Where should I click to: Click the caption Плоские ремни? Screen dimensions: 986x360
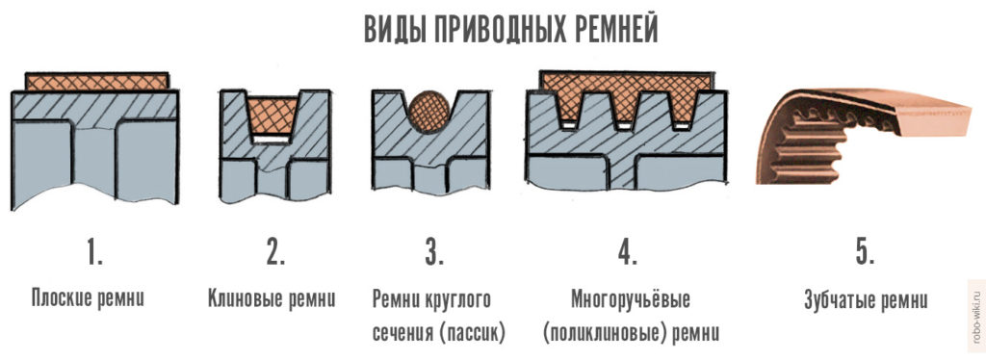88,297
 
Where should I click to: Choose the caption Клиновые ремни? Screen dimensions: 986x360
271,297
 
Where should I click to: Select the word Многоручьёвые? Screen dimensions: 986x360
631,298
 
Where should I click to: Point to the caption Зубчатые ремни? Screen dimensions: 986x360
866,298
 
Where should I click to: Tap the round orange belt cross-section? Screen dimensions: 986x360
429,112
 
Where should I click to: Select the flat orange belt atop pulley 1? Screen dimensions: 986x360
97,82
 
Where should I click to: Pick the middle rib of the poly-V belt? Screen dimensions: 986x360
624,109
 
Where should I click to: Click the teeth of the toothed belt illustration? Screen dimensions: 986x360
811,141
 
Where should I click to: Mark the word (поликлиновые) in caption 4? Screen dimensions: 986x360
601,332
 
